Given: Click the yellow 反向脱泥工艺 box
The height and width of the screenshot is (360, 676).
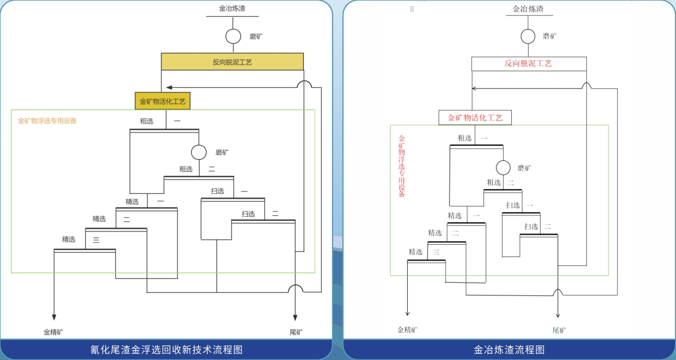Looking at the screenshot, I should click(x=232, y=62).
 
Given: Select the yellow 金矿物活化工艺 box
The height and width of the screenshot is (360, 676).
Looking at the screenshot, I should click(x=162, y=101).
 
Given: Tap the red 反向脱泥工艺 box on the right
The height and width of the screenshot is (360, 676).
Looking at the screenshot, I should click(x=529, y=63).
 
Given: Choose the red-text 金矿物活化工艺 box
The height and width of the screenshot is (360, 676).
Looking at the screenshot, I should click(x=475, y=117).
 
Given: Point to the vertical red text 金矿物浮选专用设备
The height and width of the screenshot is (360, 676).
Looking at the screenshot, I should click(x=402, y=166).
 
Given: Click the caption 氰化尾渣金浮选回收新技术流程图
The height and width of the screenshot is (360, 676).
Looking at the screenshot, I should click(x=166, y=349).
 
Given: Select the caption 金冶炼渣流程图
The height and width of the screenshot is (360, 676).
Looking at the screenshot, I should click(x=509, y=349).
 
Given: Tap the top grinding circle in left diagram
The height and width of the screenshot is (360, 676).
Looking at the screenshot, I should click(x=233, y=36).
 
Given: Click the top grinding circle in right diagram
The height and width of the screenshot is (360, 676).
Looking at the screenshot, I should click(x=528, y=36).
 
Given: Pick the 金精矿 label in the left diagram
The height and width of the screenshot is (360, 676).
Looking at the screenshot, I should click(x=53, y=332).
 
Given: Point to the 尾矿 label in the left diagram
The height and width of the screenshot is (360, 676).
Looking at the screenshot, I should click(x=296, y=332).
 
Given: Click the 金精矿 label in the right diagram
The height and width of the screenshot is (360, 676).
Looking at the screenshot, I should click(x=408, y=329).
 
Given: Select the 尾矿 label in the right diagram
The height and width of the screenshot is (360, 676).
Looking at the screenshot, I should click(x=559, y=330).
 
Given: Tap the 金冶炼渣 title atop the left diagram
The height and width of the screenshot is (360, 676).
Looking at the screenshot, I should click(x=233, y=8).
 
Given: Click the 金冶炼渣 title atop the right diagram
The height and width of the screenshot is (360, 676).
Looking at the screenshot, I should click(x=528, y=9).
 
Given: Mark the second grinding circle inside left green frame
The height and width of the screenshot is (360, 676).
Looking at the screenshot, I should click(x=199, y=152).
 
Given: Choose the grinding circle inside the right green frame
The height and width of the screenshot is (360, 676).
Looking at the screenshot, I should click(x=503, y=167).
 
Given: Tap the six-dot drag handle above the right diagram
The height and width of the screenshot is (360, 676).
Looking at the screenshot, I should click(x=412, y=9).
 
